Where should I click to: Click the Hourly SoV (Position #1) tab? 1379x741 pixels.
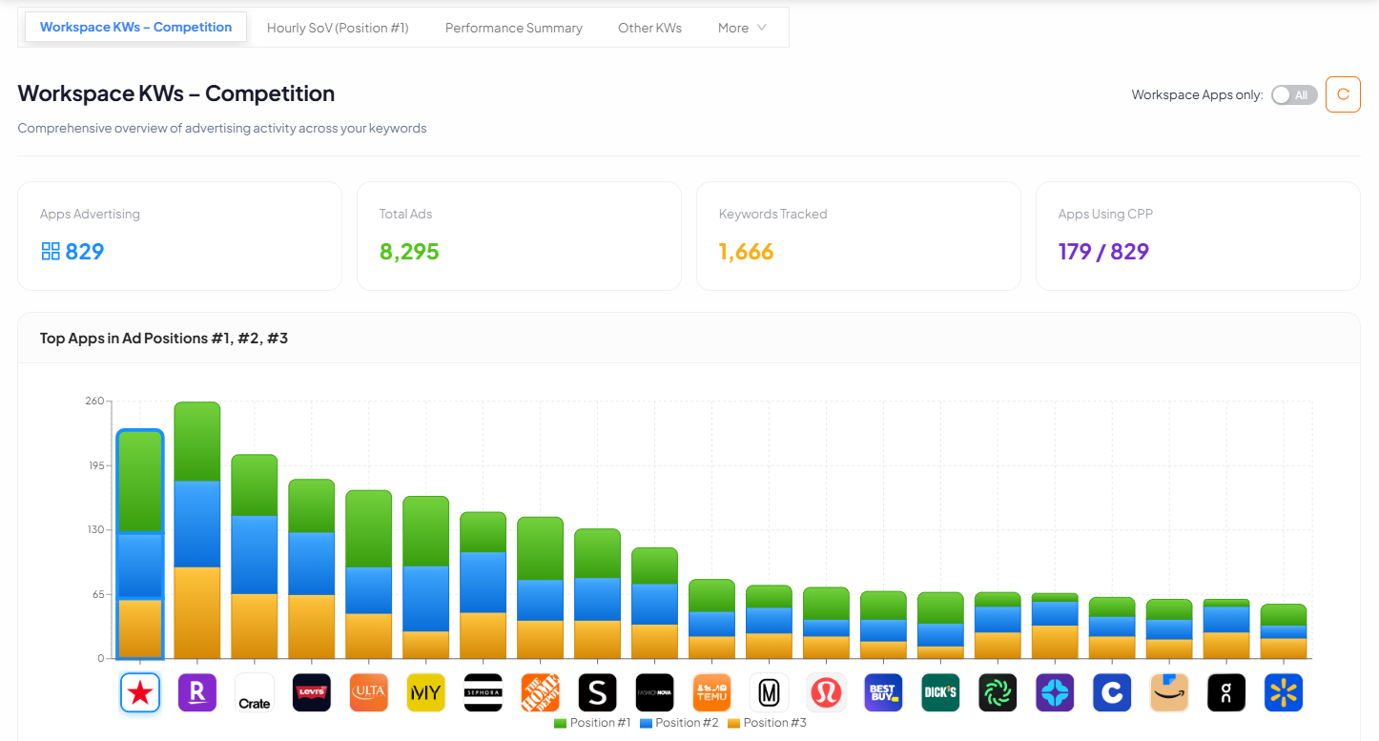pyautogui.click(x=338, y=28)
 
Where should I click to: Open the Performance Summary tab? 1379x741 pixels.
pyautogui.click(x=513, y=28)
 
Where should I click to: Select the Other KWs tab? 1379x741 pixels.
pyautogui.click(x=649, y=28)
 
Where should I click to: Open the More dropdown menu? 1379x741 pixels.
pyautogui.click(x=742, y=28)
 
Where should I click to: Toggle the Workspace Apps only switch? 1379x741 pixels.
pyautogui.click(x=1294, y=94)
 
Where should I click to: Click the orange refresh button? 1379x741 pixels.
pyautogui.click(x=1343, y=94)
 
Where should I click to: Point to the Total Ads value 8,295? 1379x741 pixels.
pyautogui.click(x=409, y=252)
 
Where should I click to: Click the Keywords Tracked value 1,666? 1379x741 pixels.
pyautogui.click(x=746, y=252)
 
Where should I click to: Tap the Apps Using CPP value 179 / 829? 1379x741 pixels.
pyautogui.click(x=1103, y=252)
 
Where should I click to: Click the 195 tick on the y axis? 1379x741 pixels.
pyautogui.click(x=94, y=465)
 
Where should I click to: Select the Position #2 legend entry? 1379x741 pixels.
pyautogui.click(x=679, y=723)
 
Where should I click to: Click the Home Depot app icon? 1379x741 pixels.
pyautogui.click(x=540, y=692)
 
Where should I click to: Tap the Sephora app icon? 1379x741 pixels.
pyautogui.click(x=483, y=692)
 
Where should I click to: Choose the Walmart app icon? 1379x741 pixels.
pyautogui.click(x=1283, y=692)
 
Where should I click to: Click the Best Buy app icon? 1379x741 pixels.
pyautogui.click(x=882, y=692)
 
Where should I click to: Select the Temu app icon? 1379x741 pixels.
pyautogui.click(x=711, y=692)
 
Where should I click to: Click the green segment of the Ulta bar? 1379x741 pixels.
pyautogui.click(x=368, y=529)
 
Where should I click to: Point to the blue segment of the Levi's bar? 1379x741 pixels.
pyautogui.click(x=311, y=564)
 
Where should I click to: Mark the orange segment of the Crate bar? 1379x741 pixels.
pyautogui.click(x=254, y=626)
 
